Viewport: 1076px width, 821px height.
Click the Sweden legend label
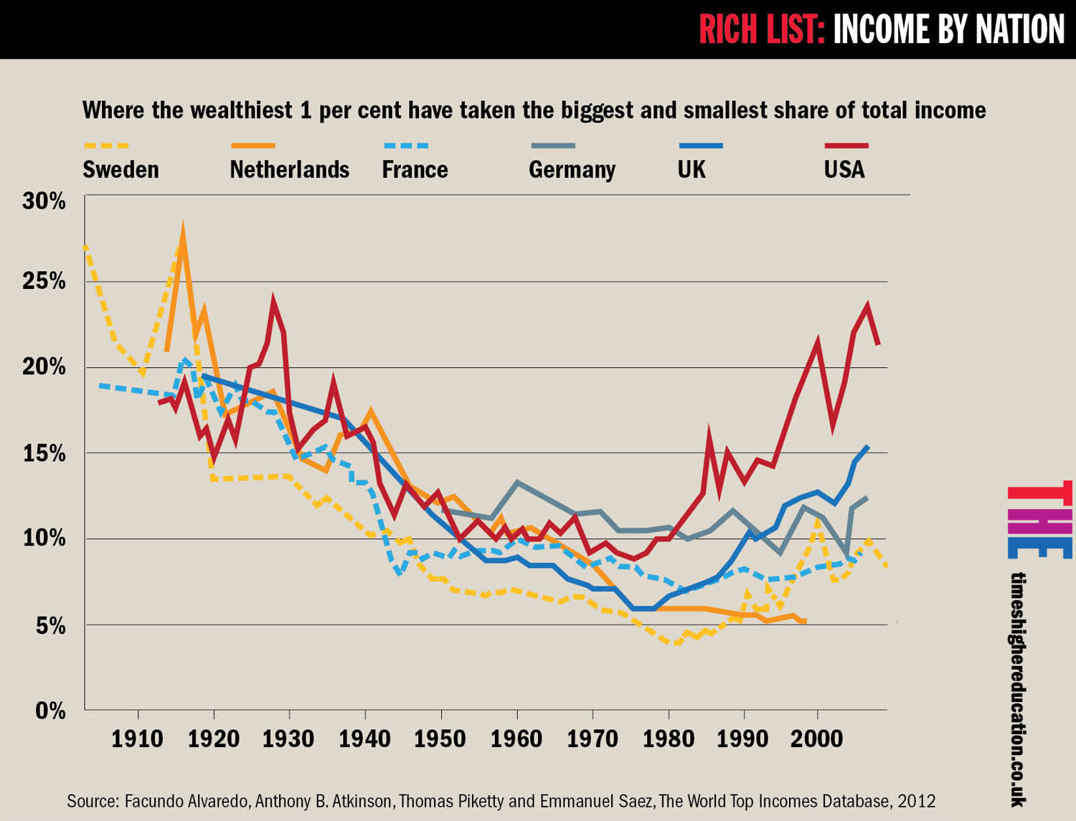point(121,170)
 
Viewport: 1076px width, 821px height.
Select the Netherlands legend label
point(289,170)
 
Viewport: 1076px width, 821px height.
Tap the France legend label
point(415,170)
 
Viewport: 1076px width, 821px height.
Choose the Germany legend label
point(572,170)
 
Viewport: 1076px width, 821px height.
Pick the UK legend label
point(692,170)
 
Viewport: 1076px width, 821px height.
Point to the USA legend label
point(844,170)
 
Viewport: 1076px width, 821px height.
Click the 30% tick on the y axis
point(44,201)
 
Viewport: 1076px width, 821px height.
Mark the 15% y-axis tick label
point(44,454)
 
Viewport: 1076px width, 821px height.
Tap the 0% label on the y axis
point(50,711)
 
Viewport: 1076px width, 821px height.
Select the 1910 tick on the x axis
point(137,739)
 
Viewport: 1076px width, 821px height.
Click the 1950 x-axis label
point(440,739)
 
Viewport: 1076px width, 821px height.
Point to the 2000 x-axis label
point(816,739)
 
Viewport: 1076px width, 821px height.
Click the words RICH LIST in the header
point(761,30)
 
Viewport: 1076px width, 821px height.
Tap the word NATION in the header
point(1019,30)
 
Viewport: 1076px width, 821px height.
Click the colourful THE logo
point(1039,521)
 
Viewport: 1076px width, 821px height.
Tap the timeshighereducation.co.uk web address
point(1018,688)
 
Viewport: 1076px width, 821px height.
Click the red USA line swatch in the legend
point(846,146)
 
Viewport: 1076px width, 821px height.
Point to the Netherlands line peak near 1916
point(183,231)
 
